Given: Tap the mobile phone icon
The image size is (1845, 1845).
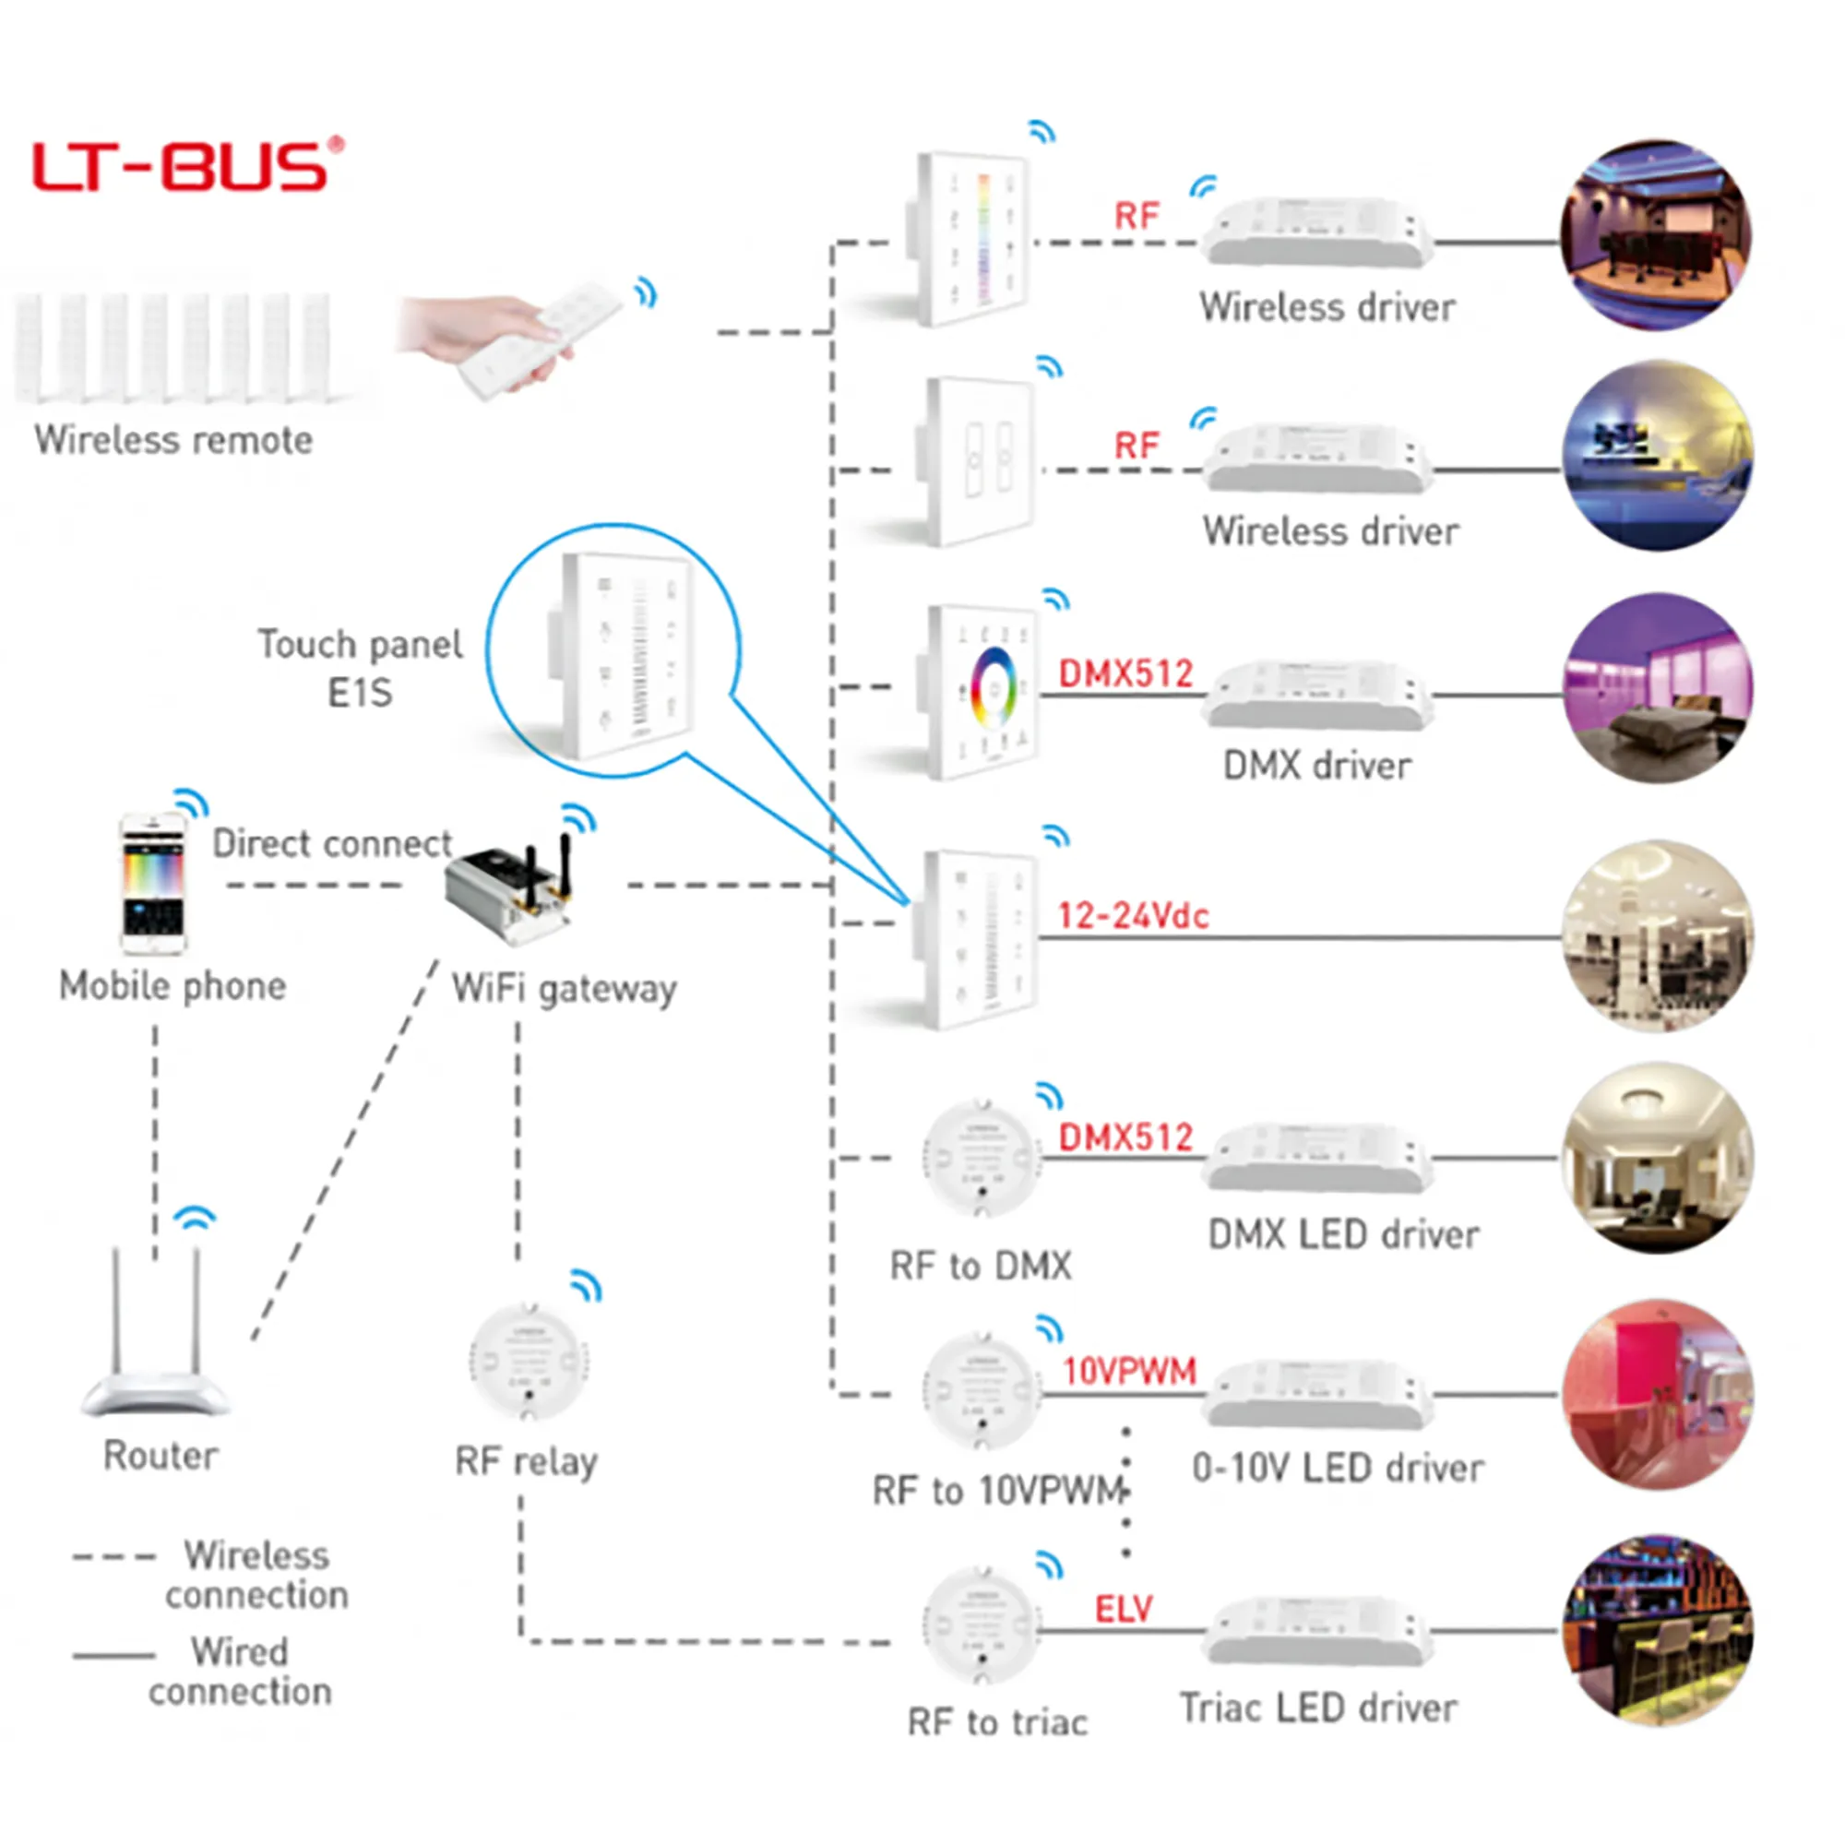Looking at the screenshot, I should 153,884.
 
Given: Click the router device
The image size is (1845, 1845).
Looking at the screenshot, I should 156,1337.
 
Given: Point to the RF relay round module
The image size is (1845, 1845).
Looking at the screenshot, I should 528,1361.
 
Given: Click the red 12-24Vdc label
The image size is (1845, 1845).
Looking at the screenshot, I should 1133,917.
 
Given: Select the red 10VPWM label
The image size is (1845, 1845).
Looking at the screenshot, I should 1130,1373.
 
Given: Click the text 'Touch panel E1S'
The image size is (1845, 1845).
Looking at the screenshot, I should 360,669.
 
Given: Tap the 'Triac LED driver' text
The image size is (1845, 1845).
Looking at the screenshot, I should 1319,1708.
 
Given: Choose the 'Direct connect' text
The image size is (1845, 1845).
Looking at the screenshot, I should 331,844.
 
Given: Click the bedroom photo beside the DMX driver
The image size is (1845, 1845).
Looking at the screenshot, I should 1659,687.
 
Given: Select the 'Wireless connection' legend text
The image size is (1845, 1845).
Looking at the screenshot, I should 256,1575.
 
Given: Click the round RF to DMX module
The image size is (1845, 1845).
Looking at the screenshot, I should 982,1158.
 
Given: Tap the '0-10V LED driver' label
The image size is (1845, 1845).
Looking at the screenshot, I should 1338,1468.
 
